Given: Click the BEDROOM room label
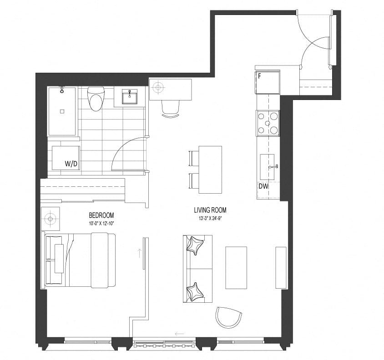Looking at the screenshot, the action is (x=101, y=215).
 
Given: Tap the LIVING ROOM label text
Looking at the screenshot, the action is (x=210, y=210).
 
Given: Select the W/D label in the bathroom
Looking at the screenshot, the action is (x=71, y=164).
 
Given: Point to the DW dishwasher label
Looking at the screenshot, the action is (x=263, y=186).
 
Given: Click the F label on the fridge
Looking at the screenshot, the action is (x=259, y=76).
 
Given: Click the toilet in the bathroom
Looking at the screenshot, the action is (x=96, y=99).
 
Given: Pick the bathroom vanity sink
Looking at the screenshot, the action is (x=129, y=96).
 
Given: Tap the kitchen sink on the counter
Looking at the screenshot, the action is (x=267, y=167).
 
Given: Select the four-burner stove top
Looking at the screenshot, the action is (x=268, y=123).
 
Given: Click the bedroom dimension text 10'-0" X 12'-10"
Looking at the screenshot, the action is (x=101, y=223).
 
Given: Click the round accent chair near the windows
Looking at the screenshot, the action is (x=228, y=317).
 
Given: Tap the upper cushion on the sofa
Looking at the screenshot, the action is (x=195, y=245).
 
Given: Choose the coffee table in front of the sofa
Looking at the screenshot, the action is (x=236, y=268).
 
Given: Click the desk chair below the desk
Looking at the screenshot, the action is (x=171, y=109).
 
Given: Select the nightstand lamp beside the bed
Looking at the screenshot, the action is (x=50, y=219).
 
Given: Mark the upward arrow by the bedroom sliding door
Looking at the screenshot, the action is (x=140, y=253).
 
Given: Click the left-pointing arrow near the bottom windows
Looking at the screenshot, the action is (x=180, y=334).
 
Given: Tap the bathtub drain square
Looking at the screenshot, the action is (x=62, y=111).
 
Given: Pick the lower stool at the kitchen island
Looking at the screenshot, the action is (x=194, y=181).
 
